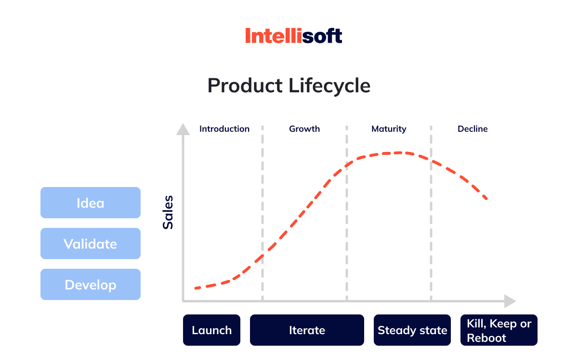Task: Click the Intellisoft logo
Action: point(294,36)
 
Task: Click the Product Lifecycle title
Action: point(289,86)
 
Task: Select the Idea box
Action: point(91,203)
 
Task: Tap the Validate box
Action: point(91,243)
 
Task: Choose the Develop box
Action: point(91,285)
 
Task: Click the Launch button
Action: point(211,330)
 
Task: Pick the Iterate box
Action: point(307,330)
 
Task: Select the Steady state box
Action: point(412,330)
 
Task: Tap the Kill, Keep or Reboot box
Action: point(499,330)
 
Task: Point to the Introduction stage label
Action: point(224,129)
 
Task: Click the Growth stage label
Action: point(304,129)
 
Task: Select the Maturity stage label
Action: point(389,129)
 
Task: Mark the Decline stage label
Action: point(473,129)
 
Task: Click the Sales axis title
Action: point(168,213)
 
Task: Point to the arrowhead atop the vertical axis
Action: point(183,129)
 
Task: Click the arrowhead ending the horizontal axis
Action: point(510,301)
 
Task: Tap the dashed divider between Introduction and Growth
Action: point(263,213)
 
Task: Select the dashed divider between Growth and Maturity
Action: point(347,213)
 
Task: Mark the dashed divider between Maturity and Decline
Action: point(431,213)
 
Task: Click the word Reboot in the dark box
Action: point(486,338)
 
